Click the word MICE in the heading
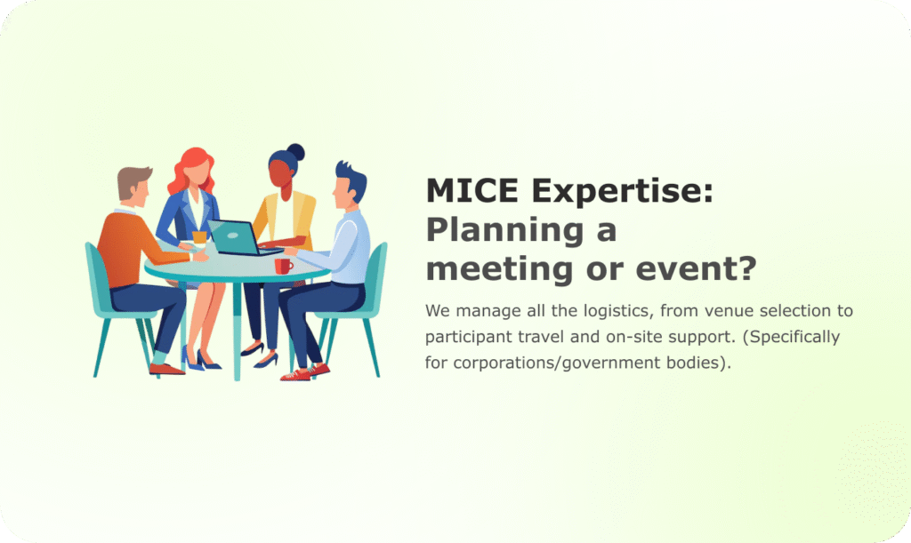click(x=472, y=191)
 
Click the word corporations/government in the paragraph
click(x=558, y=363)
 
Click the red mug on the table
click(x=284, y=267)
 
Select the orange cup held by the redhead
click(x=199, y=236)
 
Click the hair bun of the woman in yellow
click(x=295, y=152)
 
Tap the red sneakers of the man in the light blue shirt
click(x=306, y=372)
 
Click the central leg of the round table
click(x=237, y=331)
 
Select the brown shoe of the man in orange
click(x=166, y=369)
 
